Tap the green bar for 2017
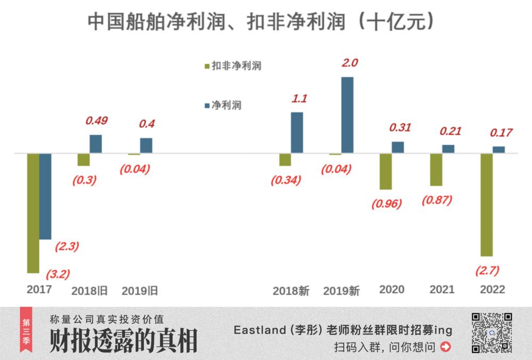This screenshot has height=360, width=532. (x=34, y=213)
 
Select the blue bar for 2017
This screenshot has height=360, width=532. (x=46, y=196)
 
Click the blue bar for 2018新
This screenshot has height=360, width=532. (x=297, y=133)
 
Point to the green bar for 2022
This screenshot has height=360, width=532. (x=486, y=205)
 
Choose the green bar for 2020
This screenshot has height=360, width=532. (x=386, y=171)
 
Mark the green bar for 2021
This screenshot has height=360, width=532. (x=436, y=170)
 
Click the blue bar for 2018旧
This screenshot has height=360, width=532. (x=96, y=144)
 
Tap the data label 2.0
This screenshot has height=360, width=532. (x=350, y=63)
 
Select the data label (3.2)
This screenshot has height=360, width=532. (x=57, y=274)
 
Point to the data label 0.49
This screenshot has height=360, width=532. (x=96, y=121)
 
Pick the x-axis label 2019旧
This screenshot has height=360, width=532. (x=140, y=291)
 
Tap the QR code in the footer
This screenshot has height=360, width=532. (x=492, y=333)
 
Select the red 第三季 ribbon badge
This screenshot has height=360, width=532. (x=26, y=330)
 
